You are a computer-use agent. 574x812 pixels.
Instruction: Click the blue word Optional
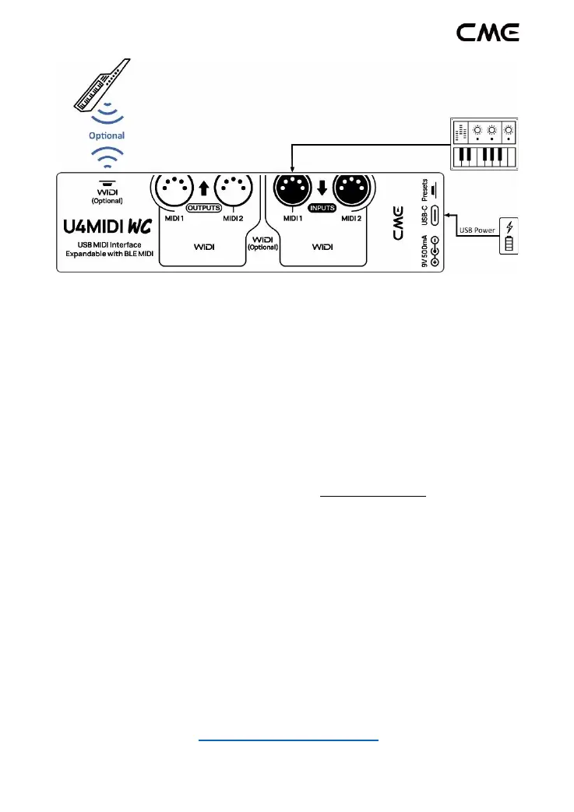pyautogui.click(x=107, y=135)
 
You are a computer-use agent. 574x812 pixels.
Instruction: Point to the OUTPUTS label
pyautogui.click(x=205, y=209)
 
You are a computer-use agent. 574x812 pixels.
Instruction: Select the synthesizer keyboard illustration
pyautogui.click(x=484, y=145)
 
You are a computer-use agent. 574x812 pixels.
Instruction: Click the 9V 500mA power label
pyautogui.click(x=424, y=251)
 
